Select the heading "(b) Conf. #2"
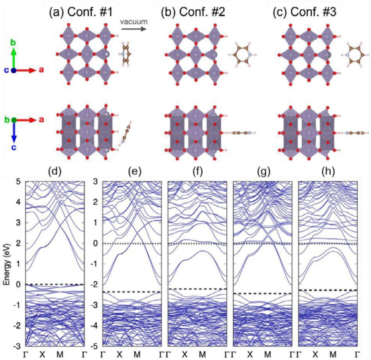pyautogui.click(x=201, y=10)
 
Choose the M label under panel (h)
pyautogui.click(x=334, y=353)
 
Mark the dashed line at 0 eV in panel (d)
pyautogui.click(x=54, y=284)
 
